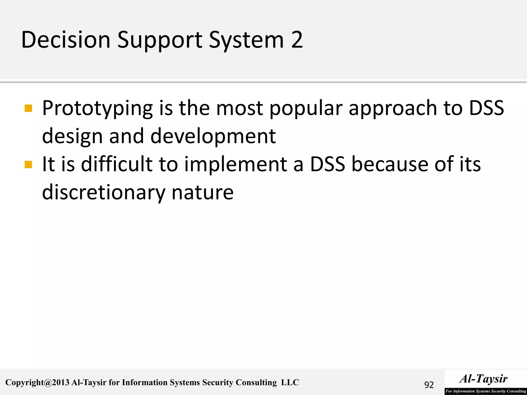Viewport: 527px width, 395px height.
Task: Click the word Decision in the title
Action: (66, 40)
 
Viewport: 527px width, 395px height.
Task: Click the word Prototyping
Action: (98, 108)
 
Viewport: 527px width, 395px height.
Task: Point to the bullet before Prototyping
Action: (28, 108)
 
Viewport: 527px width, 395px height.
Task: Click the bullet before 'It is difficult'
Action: (28, 164)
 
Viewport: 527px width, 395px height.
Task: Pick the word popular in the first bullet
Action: (306, 108)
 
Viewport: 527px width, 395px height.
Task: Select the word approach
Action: (393, 108)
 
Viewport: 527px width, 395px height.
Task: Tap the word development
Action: (213, 137)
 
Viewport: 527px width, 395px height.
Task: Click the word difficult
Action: (117, 164)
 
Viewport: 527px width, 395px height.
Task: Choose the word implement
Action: (236, 165)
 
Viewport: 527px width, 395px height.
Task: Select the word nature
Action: (203, 193)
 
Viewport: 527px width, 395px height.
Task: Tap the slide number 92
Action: (429, 385)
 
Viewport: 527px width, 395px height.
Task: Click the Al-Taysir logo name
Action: (484, 379)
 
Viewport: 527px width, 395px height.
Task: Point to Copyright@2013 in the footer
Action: (37, 383)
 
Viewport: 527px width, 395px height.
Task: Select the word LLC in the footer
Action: (290, 382)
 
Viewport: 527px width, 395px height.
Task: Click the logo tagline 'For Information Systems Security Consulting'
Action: (486, 391)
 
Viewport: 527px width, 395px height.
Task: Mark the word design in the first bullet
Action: (72, 137)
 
